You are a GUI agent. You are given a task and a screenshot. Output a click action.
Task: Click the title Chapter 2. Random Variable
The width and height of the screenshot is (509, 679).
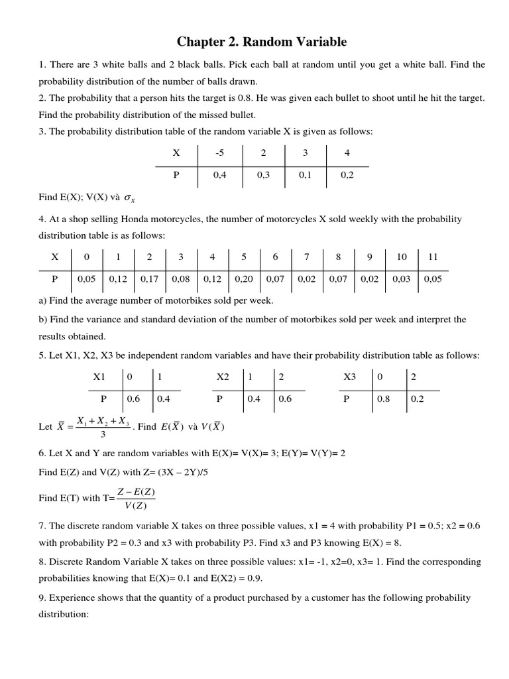[x=261, y=42]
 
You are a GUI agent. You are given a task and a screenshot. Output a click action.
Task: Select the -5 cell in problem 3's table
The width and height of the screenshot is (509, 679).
[x=220, y=153]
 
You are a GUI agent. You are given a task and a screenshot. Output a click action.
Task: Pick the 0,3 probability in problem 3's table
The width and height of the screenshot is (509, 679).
[x=262, y=176]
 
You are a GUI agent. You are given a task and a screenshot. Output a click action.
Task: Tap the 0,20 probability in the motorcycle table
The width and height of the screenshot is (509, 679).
[x=244, y=279]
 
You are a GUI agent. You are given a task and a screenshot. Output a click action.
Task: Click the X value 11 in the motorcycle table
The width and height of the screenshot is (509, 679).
[x=433, y=257]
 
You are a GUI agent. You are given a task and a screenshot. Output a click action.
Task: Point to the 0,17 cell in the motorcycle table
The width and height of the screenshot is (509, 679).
[x=149, y=279]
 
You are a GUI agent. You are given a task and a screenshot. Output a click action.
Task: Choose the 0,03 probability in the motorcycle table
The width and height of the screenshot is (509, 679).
[x=402, y=279]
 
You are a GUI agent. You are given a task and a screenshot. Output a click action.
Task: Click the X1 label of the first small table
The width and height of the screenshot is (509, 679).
[x=99, y=377]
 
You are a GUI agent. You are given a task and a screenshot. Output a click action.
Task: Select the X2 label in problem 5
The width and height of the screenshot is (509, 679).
[x=223, y=377]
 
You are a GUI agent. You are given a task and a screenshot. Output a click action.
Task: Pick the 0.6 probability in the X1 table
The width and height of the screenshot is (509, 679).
[x=133, y=399]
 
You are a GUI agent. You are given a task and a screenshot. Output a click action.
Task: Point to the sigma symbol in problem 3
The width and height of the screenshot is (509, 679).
[x=129, y=198]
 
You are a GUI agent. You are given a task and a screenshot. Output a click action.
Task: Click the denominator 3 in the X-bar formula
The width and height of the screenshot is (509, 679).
[x=101, y=435]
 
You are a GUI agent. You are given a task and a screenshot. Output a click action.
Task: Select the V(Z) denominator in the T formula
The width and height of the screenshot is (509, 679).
[x=138, y=506]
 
